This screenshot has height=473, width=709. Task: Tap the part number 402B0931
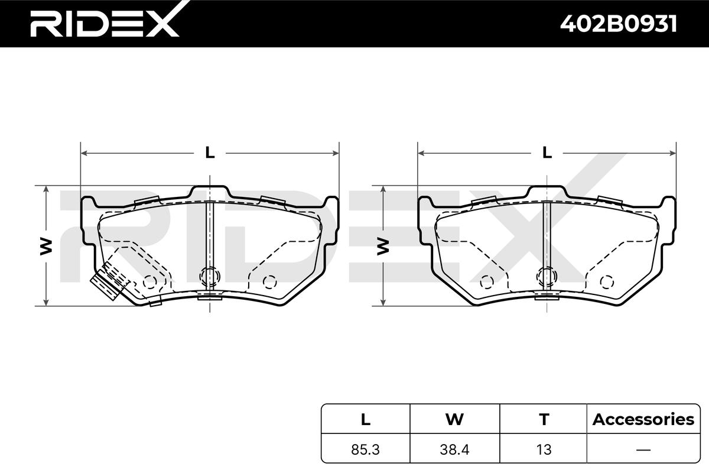coord(619,24)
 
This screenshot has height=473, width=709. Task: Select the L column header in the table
coord(366,419)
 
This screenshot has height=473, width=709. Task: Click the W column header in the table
coord(454,419)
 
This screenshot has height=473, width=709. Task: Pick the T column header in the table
coord(544,419)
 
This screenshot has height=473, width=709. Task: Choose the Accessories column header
coord(643,419)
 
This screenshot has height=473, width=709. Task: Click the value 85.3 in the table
coord(365,449)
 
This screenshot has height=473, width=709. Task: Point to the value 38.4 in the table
coord(454,449)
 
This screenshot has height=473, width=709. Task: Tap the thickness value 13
coord(544,449)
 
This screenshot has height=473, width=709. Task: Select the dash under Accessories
coord(643,450)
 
